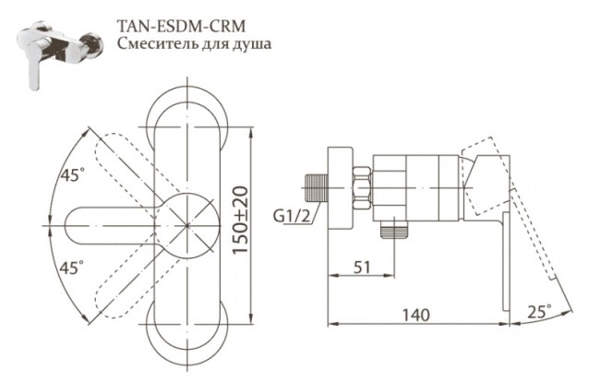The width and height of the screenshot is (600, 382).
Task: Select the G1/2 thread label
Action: click(291, 218)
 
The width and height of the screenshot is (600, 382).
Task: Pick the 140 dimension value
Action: click(418, 315)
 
